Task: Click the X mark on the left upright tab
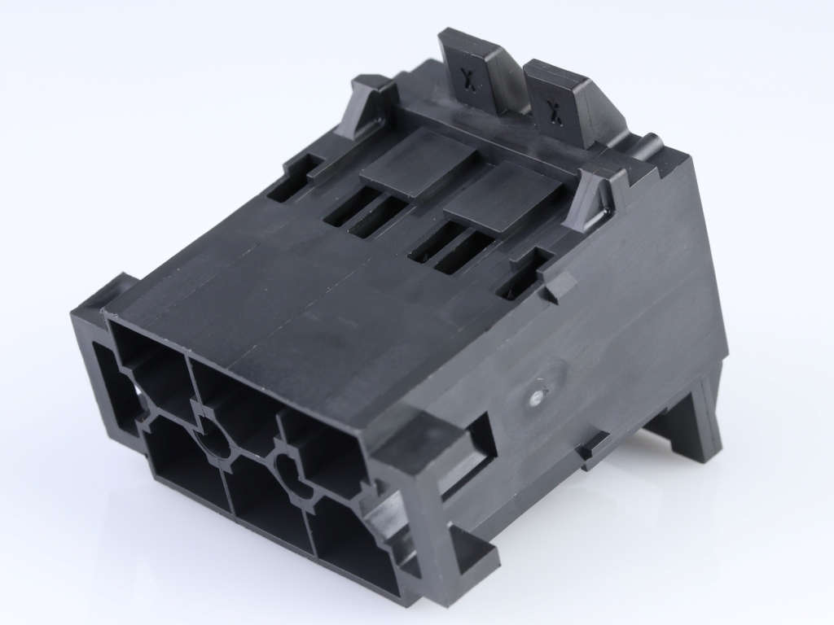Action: tap(467, 78)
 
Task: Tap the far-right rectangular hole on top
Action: tap(518, 278)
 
